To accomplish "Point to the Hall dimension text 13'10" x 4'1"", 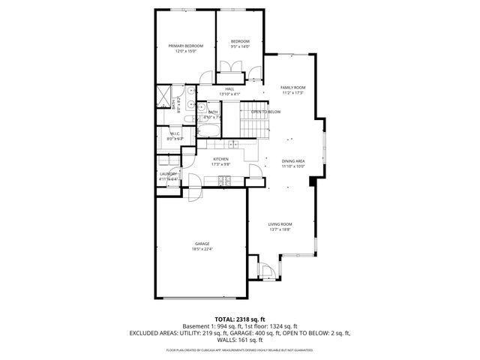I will (229, 94).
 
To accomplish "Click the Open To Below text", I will (265, 112).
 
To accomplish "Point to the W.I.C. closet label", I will (175, 136).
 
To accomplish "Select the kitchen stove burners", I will (223, 179).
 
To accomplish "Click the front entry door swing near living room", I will (265, 270).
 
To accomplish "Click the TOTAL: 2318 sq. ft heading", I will (240, 319).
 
